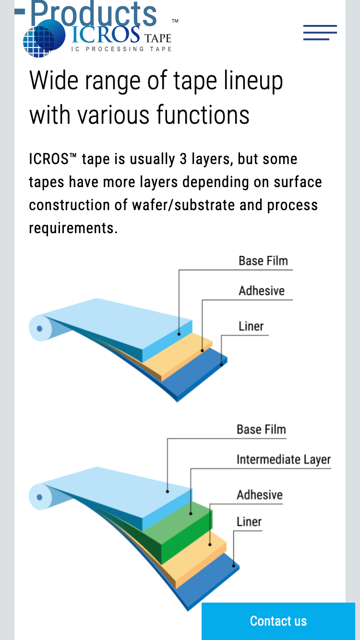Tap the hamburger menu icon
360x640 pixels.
[320, 32]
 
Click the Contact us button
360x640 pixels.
[278, 621]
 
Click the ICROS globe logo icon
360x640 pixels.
[44, 38]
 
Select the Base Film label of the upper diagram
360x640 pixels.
[263, 261]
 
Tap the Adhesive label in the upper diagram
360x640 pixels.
[262, 291]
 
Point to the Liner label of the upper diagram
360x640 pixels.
[251, 326]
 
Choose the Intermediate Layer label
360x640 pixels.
[283, 460]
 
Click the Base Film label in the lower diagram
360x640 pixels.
[261, 429]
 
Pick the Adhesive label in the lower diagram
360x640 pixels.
[260, 495]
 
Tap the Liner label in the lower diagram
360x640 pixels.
[249, 521]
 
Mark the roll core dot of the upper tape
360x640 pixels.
[40, 329]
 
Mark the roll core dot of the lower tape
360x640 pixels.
[40, 497]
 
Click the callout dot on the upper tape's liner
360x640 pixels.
[221, 365]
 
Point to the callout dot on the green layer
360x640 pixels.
[191, 514]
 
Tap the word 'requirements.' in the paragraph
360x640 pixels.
[73, 228]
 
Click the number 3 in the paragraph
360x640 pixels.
[183, 159]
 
